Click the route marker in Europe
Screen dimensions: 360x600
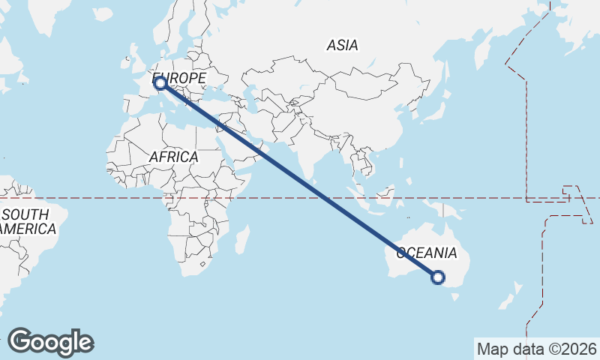click(x=160, y=83)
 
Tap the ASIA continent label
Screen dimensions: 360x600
click(x=342, y=45)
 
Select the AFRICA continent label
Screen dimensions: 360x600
click(x=173, y=157)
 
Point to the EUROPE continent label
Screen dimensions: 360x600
click(x=179, y=78)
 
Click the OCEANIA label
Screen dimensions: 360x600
click(x=426, y=252)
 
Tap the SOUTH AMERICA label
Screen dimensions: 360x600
click(x=27, y=222)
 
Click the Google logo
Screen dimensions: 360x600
click(x=51, y=341)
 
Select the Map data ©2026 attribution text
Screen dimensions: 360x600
click(x=537, y=349)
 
